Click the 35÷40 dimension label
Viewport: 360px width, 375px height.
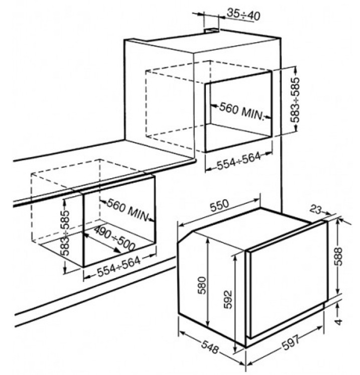click(243, 15)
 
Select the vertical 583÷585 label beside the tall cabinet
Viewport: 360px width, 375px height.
click(296, 100)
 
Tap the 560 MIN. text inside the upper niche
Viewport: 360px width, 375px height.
click(242, 111)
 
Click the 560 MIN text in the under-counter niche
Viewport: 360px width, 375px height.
click(127, 210)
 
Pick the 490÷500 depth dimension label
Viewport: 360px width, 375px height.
click(114, 238)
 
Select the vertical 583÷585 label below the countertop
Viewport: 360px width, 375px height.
click(65, 232)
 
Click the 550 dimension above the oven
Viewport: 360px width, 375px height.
click(219, 205)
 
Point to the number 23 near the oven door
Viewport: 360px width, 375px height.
click(315, 209)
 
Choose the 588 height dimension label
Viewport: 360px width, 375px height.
click(338, 257)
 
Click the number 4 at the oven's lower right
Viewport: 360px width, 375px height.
click(338, 322)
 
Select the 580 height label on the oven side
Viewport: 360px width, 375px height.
click(202, 285)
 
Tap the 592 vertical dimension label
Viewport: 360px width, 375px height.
click(228, 299)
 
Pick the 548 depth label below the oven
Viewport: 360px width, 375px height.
click(210, 347)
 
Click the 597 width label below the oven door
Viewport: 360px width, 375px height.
click(290, 343)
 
